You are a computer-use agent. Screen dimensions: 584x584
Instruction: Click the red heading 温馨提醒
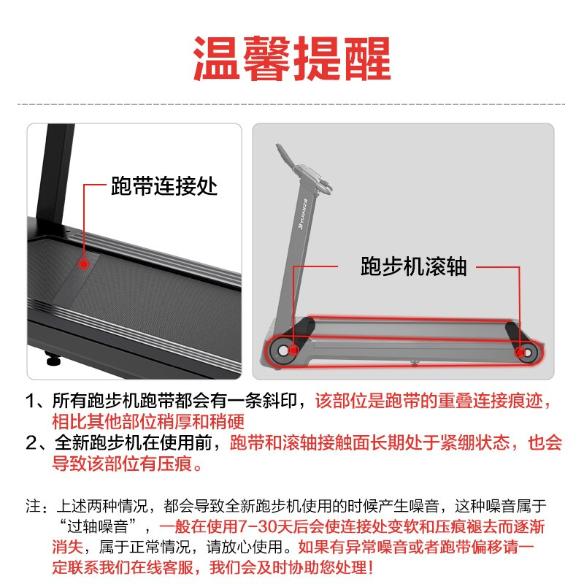coord(292,58)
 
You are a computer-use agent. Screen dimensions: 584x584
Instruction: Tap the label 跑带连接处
coord(164,187)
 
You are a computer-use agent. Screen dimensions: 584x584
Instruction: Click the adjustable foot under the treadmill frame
coord(52,359)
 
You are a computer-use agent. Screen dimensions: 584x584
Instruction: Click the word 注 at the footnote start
coord(32,506)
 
